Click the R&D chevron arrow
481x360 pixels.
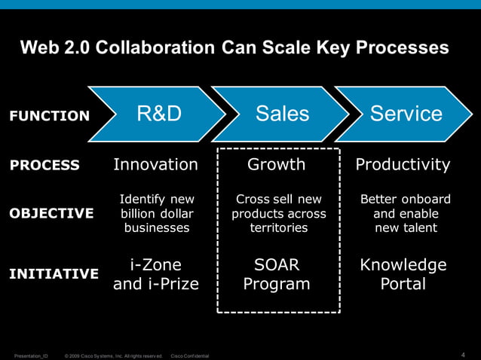(x=158, y=114)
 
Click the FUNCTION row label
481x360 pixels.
(x=49, y=116)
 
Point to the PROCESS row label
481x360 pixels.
(x=44, y=166)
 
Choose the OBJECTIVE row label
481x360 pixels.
(x=51, y=213)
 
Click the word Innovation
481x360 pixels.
(x=155, y=164)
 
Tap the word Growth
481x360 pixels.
(x=277, y=164)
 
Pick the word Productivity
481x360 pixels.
(x=403, y=164)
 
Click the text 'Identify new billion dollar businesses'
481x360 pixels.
(x=157, y=213)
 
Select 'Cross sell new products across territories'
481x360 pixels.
(x=279, y=213)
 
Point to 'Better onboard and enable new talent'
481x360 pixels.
(x=405, y=213)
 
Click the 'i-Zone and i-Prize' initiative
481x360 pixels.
(x=156, y=274)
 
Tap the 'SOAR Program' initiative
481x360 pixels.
(x=277, y=274)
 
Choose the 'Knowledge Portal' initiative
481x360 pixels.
(x=403, y=274)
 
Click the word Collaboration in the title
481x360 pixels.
(x=161, y=48)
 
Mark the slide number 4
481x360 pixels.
(x=462, y=355)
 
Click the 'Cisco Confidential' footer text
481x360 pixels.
(x=190, y=355)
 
